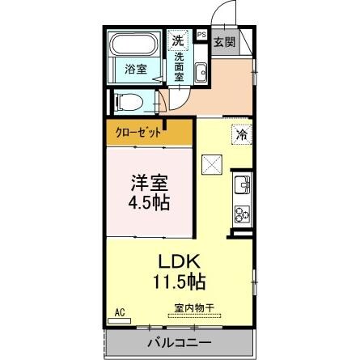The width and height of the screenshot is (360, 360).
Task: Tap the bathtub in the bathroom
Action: (x=135, y=44)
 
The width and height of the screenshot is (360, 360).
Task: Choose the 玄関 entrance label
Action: (x=225, y=41)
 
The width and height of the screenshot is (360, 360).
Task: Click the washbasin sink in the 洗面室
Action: (x=201, y=74)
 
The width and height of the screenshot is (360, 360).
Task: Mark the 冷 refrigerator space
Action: (x=241, y=135)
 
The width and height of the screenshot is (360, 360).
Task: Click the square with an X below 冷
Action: (x=212, y=164)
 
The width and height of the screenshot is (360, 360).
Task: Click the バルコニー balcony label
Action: (x=179, y=343)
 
